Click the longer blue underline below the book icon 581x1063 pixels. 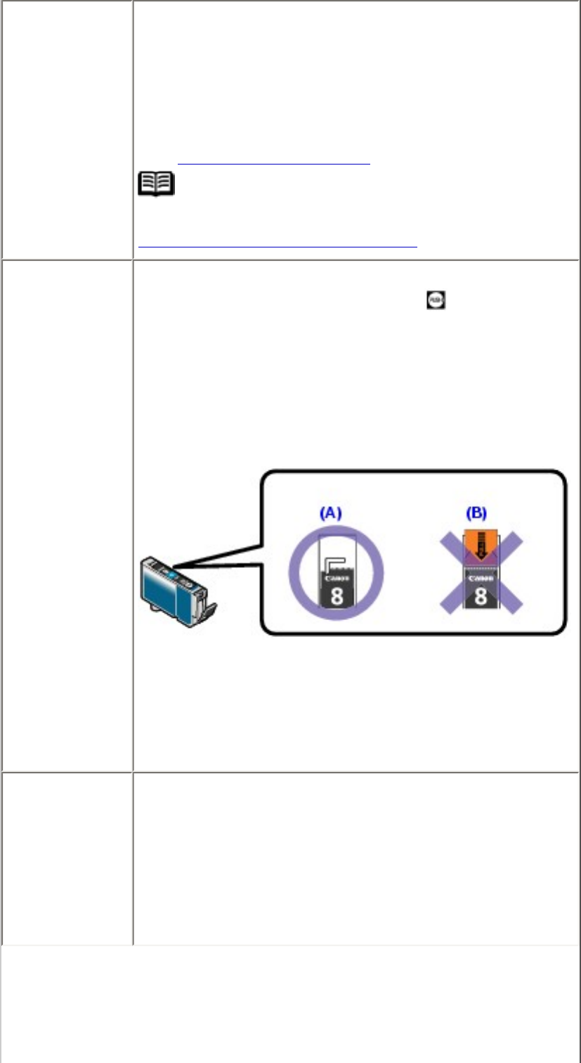(278, 247)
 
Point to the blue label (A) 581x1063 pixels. (328, 513)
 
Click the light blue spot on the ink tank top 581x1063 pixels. (172, 574)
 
